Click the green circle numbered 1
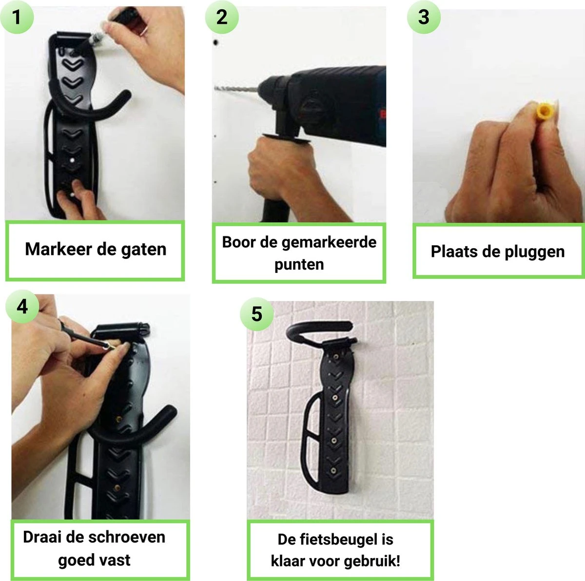17,17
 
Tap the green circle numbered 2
222,17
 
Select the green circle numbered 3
424,17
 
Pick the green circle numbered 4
22,307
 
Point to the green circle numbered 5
257,314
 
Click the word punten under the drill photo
299,264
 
